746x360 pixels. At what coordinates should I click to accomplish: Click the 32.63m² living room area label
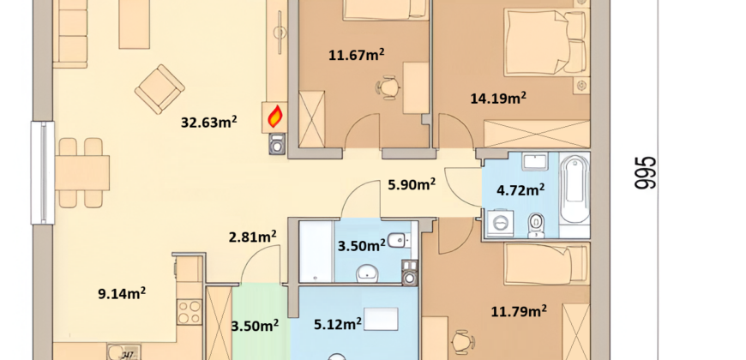tap(209, 122)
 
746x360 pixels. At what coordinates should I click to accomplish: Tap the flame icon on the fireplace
tap(275, 117)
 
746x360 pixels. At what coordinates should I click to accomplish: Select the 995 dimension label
tap(646, 172)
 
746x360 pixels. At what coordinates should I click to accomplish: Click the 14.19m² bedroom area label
tap(498, 98)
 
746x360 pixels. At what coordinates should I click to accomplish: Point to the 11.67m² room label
tap(357, 55)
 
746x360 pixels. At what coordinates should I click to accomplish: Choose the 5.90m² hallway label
tap(412, 183)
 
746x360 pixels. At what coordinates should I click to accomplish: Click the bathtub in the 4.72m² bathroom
tap(575, 192)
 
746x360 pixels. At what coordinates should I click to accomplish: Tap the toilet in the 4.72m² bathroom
tap(536, 226)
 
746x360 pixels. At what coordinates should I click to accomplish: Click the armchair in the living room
tap(159, 89)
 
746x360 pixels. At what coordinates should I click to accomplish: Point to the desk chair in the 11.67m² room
tap(388, 87)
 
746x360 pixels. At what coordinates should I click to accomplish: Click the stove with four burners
tap(189, 312)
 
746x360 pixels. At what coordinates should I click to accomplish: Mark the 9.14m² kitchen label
tap(122, 293)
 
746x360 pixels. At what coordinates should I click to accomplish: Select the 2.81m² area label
tap(253, 237)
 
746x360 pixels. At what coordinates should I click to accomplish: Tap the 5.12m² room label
tap(338, 324)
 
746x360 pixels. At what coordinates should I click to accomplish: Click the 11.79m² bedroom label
tap(519, 311)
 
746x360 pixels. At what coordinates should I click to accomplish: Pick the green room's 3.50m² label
tap(255, 326)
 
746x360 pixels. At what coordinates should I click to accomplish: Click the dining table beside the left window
tap(81, 172)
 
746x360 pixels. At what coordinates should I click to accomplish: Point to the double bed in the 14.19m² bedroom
tap(545, 43)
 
